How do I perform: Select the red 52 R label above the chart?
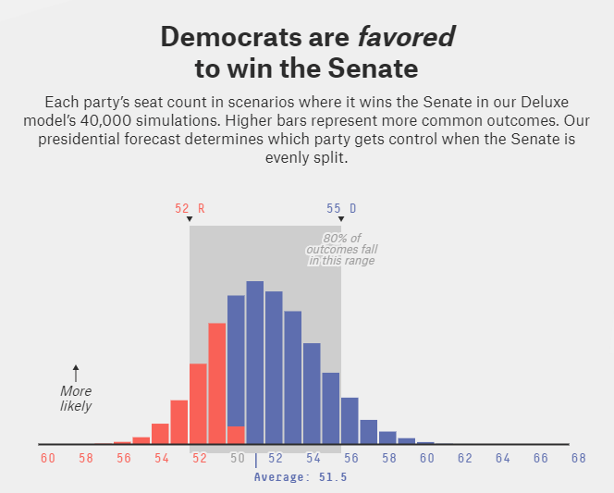click(190, 208)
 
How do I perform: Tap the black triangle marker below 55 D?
click(341, 219)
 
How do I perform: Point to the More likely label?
click(76, 399)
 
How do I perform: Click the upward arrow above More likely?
click(76, 373)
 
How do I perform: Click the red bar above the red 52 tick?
click(198, 403)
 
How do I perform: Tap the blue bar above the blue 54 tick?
click(312, 394)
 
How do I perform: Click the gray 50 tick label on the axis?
click(238, 458)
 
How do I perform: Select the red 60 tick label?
click(48, 458)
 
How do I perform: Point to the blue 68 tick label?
click(578, 458)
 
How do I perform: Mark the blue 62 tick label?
click(464, 458)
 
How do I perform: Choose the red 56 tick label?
click(124, 458)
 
